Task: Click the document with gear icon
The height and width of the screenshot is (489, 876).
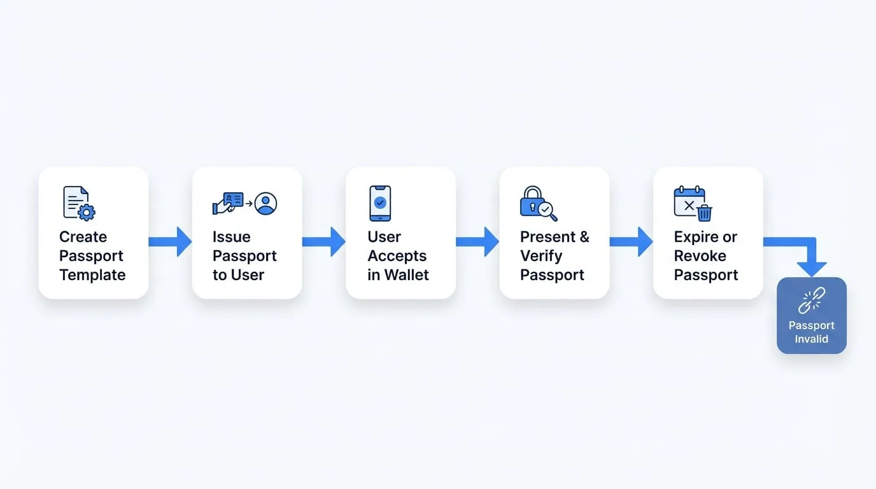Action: (79, 203)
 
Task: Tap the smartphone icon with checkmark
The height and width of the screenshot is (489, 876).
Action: (380, 203)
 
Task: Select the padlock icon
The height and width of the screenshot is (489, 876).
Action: (531, 201)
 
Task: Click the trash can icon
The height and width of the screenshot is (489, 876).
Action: (704, 213)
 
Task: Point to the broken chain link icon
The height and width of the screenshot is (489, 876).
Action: (812, 301)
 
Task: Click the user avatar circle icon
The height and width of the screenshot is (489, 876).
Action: (265, 203)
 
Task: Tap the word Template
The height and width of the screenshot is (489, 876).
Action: (92, 274)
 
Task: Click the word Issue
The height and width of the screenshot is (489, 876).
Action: (231, 237)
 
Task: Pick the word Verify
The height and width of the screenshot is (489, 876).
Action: (541, 256)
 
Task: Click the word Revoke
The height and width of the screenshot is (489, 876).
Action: (700, 256)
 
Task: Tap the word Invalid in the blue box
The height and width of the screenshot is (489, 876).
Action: (812, 339)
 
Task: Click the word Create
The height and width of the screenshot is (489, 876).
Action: (83, 237)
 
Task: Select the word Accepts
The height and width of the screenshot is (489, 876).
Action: (397, 256)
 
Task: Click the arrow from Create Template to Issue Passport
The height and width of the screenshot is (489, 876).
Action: (170, 242)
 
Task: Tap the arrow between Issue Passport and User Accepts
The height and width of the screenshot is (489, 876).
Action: (324, 242)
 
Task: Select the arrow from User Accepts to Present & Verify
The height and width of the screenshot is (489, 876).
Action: (477, 242)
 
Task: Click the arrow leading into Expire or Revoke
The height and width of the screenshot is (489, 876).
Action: (631, 242)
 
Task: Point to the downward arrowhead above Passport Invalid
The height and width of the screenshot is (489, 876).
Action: (812, 269)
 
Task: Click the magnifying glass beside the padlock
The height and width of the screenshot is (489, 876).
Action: (547, 211)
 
